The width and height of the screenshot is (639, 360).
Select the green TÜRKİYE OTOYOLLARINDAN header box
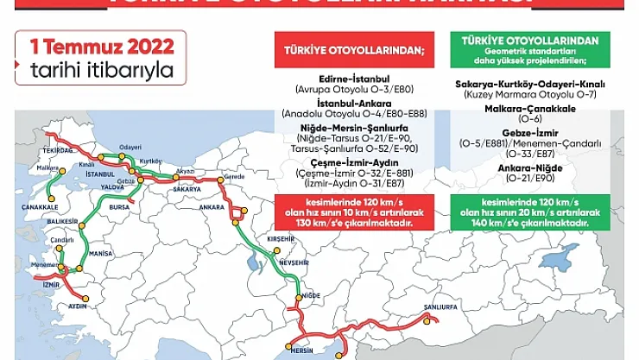tap(530, 49)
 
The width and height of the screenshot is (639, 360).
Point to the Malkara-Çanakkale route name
tap(530, 108)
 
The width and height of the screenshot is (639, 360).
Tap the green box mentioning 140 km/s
tap(530, 212)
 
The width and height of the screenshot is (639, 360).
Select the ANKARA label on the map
tap(211, 208)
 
